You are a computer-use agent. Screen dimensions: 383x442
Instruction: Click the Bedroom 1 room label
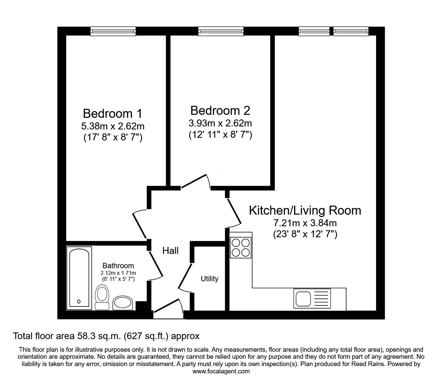112,113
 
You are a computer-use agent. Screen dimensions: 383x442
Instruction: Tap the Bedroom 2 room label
220,110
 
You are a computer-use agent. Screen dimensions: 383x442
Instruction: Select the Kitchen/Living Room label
305,210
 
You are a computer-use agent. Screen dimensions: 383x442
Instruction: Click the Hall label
170,251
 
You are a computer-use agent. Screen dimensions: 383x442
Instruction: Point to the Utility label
209,279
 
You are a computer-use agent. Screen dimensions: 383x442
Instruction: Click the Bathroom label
118,266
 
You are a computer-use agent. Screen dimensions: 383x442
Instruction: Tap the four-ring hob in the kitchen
241,248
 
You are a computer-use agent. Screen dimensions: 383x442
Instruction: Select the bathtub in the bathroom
79,278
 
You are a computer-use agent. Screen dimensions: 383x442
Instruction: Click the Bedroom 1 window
113,31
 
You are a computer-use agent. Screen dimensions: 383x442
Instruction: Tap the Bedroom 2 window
221,31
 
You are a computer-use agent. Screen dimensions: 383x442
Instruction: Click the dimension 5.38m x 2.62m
112,126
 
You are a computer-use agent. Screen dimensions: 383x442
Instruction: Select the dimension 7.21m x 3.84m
305,223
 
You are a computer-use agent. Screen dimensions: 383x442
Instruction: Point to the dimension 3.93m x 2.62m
220,123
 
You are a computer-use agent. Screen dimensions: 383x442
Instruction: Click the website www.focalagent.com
221,371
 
